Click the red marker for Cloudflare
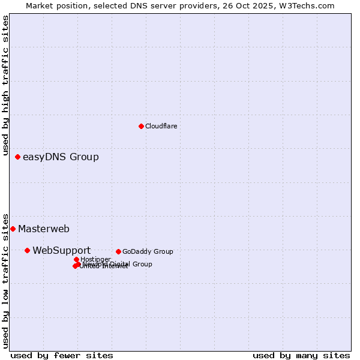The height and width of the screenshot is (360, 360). (141, 126)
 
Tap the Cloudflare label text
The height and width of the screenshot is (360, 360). (161, 126)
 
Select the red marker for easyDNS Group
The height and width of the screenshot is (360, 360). (17, 157)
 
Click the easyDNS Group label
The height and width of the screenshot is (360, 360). (61, 157)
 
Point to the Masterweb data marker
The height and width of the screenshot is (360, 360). (13, 229)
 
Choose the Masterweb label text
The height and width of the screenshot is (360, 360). (44, 229)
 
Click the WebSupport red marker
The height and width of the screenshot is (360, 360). (27, 250)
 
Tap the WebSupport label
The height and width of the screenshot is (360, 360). (61, 250)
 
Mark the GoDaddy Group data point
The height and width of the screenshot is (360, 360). (118, 251)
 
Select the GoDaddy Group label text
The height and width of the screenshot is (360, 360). (148, 251)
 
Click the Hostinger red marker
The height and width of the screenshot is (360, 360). (76, 259)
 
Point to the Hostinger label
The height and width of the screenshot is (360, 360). (95, 259)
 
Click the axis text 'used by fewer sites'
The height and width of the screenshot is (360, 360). (62, 355)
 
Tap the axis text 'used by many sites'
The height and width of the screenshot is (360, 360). (301, 355)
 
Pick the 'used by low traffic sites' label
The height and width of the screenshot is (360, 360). (5, 280)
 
